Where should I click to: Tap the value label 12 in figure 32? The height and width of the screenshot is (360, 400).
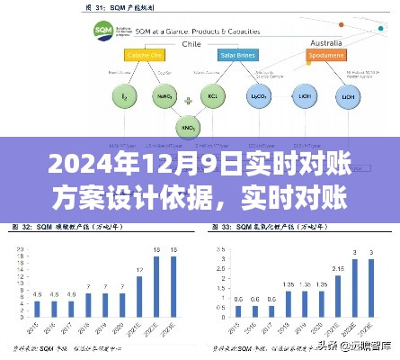pyautogui.click(x=140, y=270)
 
